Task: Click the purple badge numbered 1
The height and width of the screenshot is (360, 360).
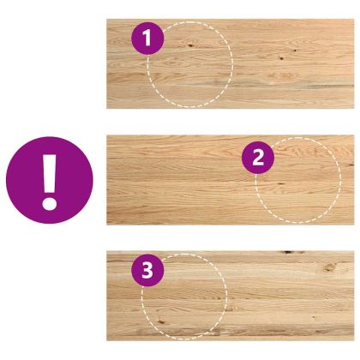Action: tap(147, 39)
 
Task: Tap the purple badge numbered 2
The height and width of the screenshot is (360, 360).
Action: tap(258, 158)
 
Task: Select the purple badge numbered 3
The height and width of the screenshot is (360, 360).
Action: tap(147, 270)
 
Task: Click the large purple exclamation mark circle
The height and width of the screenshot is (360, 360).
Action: tap(50, 180)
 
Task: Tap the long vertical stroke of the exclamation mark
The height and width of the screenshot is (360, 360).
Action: tap(50, 174)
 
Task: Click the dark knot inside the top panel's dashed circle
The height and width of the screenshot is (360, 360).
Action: tap(190, 45)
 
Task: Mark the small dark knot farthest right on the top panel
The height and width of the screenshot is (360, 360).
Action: tap(295, 51)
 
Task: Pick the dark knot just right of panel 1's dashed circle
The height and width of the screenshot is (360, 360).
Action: tap(281, 58)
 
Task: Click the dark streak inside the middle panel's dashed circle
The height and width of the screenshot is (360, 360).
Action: tap(280, 183)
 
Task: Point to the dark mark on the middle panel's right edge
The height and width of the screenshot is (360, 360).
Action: tap(351, 165)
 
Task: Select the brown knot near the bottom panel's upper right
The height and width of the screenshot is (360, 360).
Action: tap(330, 267)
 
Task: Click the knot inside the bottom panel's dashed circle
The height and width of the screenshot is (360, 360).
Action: tap(162, 321)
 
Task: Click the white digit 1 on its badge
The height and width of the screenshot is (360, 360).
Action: tap(147, 39)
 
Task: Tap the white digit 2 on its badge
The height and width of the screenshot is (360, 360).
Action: tap(258, 158)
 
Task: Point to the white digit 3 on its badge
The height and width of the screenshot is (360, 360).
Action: tap(147, 271)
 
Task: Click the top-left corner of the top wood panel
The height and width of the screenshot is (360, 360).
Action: tap(107, 19)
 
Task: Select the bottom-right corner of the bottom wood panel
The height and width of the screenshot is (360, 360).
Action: tap(354, 340)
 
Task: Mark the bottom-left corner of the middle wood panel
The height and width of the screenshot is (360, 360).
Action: tap(107, 225)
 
